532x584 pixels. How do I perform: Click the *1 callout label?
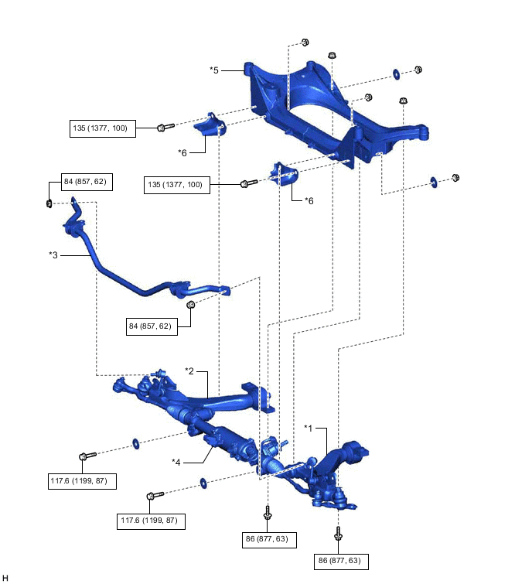pos(308,427)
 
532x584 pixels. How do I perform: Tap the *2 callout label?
pos(189,371)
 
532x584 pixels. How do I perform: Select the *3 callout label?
pos(53,254)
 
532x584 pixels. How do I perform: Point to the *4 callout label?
pos(177,462)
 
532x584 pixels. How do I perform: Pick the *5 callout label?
pos(214,70)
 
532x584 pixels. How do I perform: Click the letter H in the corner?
pos(5,577)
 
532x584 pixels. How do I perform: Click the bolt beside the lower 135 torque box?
pos(247,184)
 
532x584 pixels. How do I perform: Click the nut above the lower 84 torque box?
pos(191,305)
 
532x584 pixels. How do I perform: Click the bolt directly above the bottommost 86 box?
pos(339,533)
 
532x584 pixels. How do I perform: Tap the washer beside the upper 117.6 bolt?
pos(136,443)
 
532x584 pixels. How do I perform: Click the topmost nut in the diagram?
pos(304,43)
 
